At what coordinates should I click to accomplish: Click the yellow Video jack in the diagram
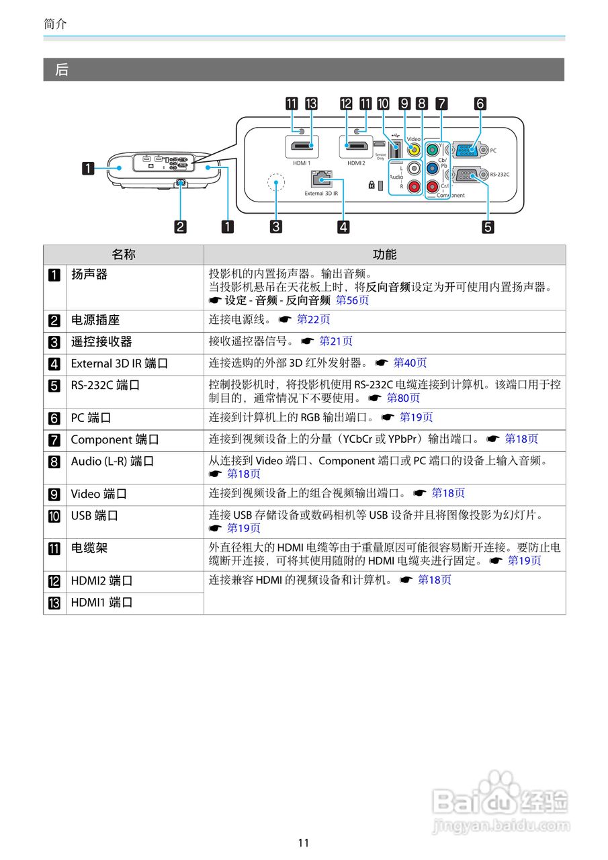pos(414,150)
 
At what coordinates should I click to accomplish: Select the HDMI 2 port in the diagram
pos(356,147)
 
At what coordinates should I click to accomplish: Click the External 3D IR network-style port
pos(321,178)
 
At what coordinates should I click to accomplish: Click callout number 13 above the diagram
pos(310,103)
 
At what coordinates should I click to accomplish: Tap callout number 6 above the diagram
pos(480,103)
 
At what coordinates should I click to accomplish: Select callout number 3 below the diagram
pos(275,226)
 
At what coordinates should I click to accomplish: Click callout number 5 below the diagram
pos(488,226)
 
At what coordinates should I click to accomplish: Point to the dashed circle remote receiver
pos(275,183)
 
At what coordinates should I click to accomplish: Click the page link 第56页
pos(352,300)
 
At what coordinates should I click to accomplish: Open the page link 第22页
pos(314,320)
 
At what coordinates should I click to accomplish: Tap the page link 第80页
pos(403,398)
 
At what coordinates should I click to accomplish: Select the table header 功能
pos(384,255)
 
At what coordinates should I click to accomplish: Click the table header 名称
pos(124,255)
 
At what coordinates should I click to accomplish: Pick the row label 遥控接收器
pos(101,342)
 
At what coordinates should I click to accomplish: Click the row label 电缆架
pos(89,548)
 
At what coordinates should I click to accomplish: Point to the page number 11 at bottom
pos(304,843)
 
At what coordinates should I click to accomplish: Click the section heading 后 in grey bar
pos(62,70)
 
